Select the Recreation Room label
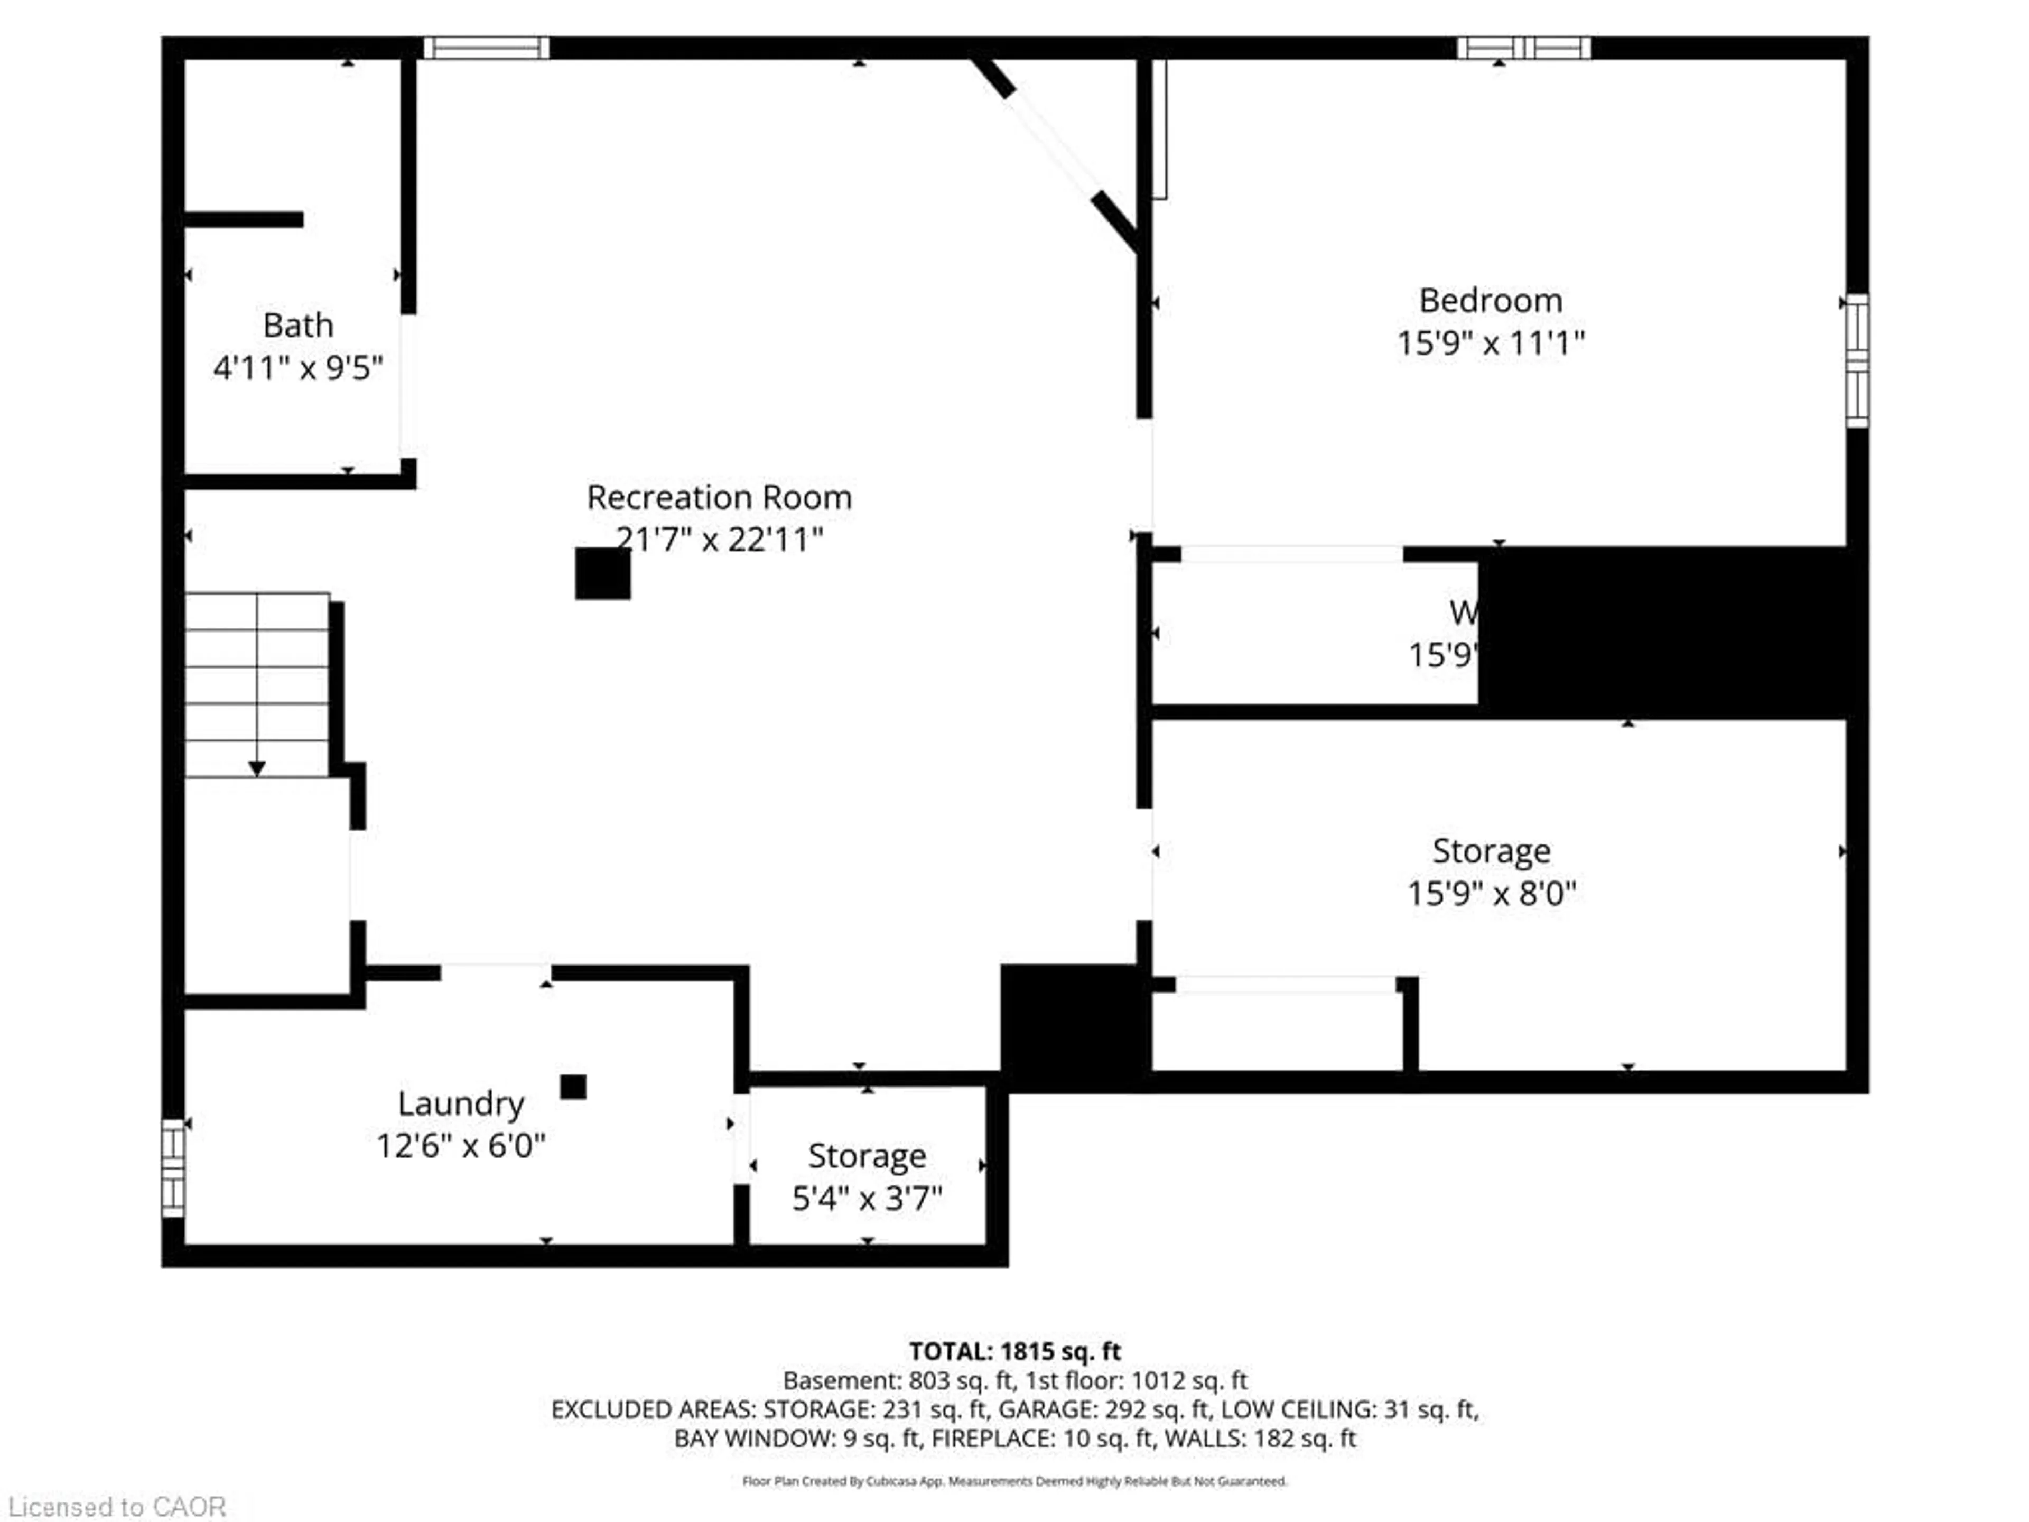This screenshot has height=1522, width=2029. pos(719,497)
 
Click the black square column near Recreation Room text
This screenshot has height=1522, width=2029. pos(603,573)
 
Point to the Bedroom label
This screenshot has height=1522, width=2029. pos(1491,300)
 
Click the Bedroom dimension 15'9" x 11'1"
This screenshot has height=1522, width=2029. pos(1491,343)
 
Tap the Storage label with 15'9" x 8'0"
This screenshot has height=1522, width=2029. pos(1492,850)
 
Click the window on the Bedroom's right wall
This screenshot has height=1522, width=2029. pos(1857,360)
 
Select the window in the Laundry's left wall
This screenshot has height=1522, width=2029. pos(172,1168)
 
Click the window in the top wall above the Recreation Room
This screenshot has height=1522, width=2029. pos(486,48)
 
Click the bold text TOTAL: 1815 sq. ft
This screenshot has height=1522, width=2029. pos(1015,1351)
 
